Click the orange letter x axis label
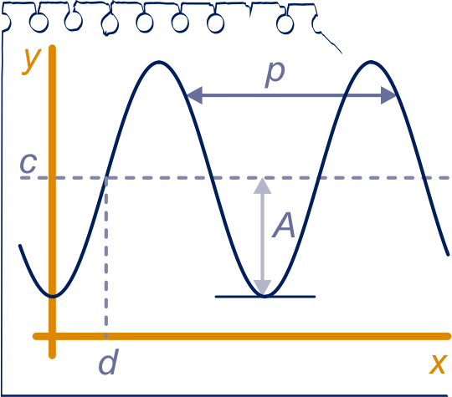(x=438, y=364)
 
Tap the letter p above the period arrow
(x=275, y=75)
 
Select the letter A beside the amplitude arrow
(x=284, y=225)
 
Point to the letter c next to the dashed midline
(x=28, y=163)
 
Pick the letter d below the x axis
(x=108, y=362)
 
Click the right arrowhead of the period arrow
(x=388, y=95)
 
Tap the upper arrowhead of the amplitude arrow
(x=262, y=186)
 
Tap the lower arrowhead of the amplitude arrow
(x=262, y=288)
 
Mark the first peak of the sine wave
(x=159, y=62)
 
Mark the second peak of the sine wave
(x=371, y=62)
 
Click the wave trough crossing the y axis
(x=53, y=296)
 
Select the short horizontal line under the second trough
(x=265, y=296)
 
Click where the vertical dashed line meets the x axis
(x=106, y=336)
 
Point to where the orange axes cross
(x=52, y=336)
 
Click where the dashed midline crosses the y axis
(x=52, y=178)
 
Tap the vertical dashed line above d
(x=106, y=257)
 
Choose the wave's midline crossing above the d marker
(x=105, y=178)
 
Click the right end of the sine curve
(x=448, y=254)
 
